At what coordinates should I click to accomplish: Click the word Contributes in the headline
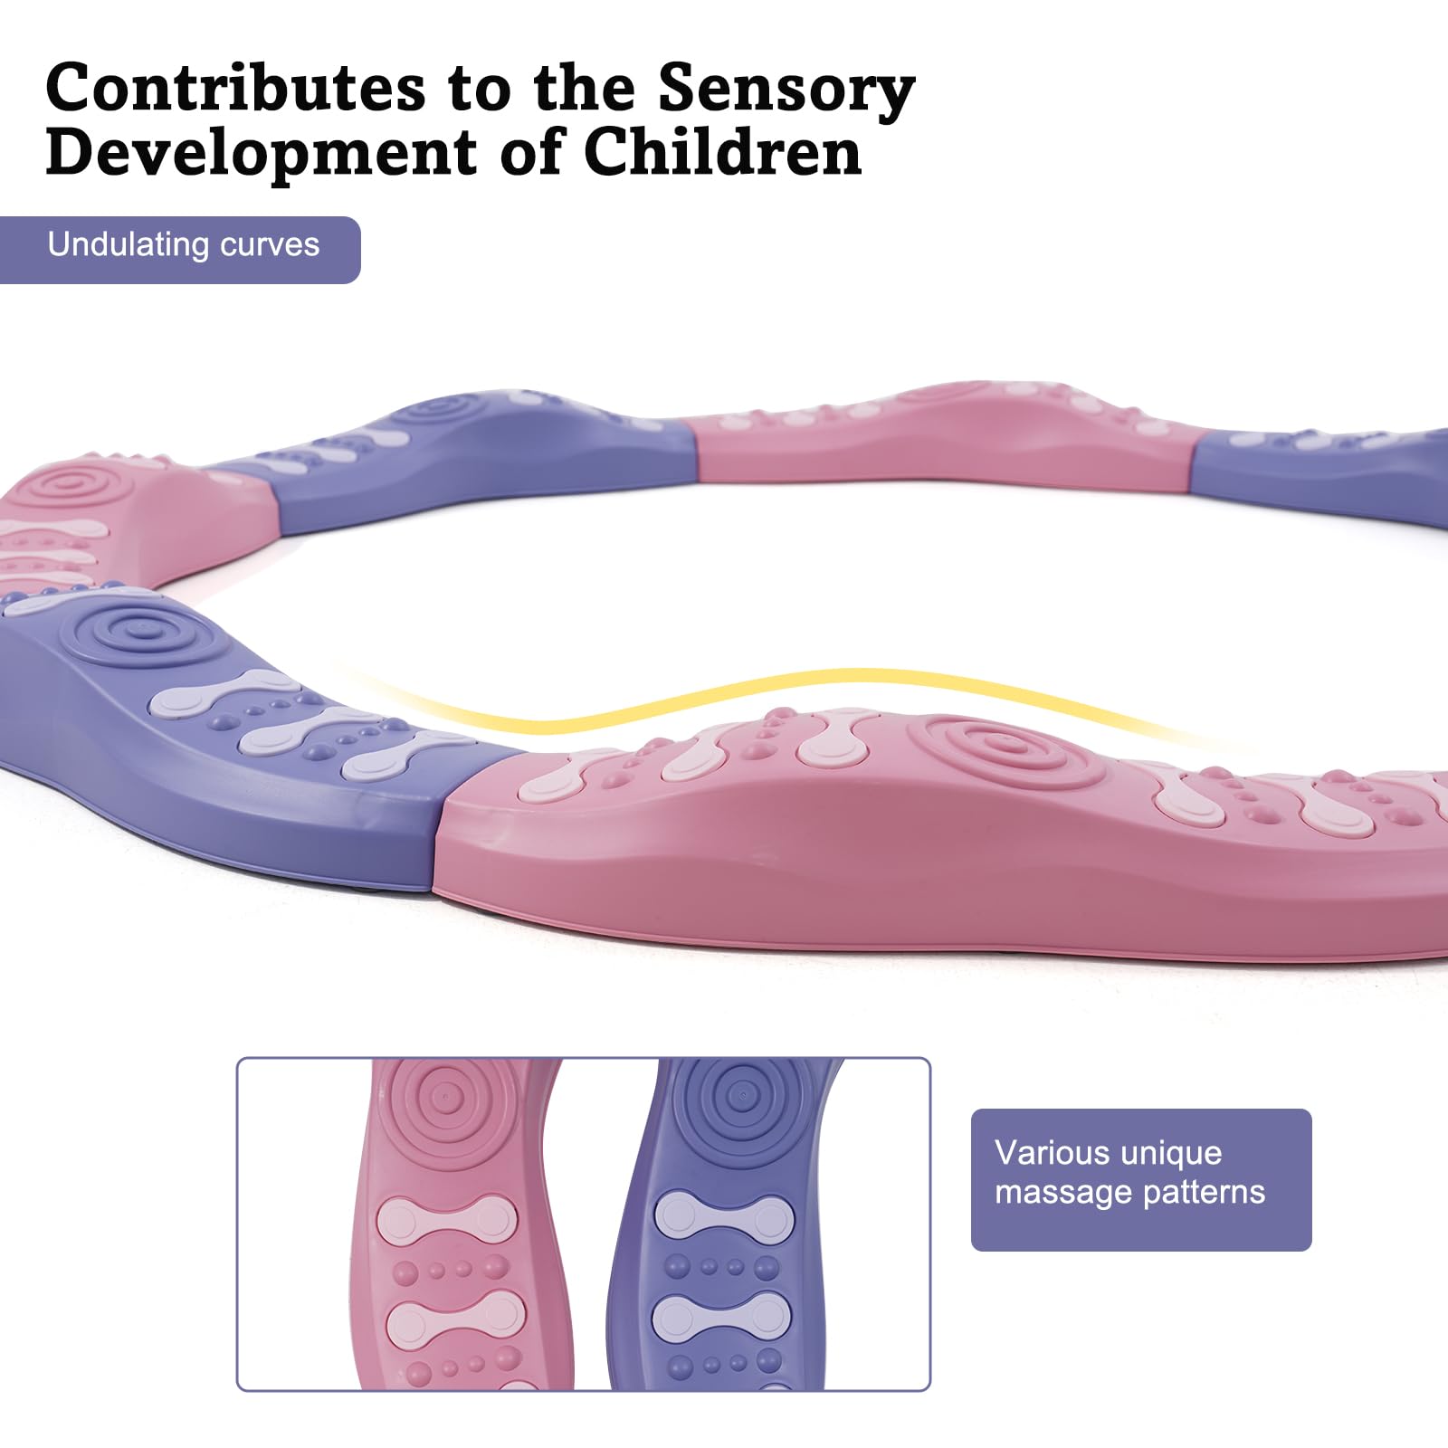[x=235, y=88]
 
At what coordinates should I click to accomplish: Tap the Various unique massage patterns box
[x=1141, y=1179]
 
